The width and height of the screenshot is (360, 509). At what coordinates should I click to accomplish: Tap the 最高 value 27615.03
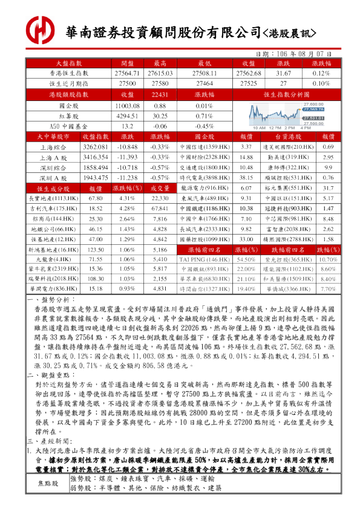coord(160,73)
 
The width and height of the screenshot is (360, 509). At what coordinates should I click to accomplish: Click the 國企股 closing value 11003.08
coord(127,106)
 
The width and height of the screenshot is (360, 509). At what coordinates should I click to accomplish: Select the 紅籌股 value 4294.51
coord(127,116)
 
